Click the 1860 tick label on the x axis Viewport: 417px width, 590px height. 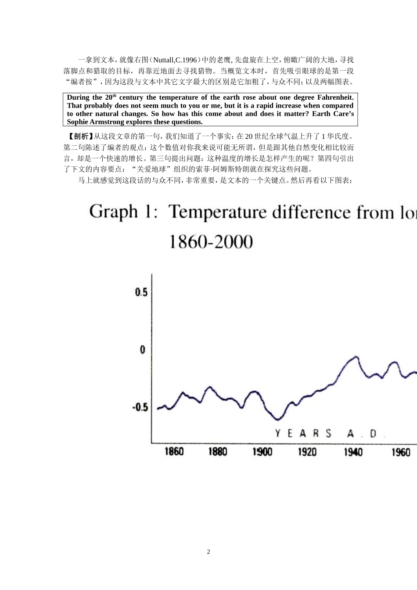174,451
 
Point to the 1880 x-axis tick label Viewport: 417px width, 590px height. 218,451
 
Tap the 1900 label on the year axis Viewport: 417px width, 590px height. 262,451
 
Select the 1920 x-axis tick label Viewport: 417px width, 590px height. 307,451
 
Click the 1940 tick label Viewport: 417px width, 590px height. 353,451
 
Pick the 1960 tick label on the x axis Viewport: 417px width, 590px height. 400,451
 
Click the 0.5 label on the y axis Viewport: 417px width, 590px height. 141,292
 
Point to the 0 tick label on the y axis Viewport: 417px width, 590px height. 143,350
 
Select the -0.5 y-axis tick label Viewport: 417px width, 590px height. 140,407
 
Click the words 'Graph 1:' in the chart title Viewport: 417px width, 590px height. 124,212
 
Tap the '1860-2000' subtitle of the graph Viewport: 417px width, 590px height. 211,241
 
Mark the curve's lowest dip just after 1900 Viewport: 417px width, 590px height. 277,419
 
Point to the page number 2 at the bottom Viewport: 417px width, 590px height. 208,552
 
